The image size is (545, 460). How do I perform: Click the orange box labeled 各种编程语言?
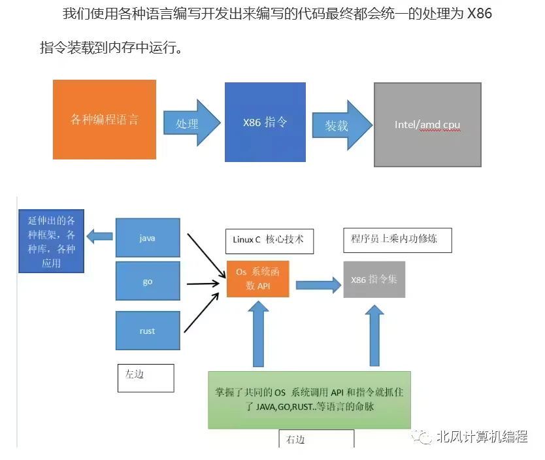[105, 120]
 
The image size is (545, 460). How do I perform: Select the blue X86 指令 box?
[265, 122]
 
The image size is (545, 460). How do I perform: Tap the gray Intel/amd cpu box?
[427, 124]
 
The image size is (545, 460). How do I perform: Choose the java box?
[147, 238]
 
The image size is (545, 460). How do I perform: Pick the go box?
[147, 282]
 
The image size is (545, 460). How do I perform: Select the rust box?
[147, 331]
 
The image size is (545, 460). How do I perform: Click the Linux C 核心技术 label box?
[269, 240]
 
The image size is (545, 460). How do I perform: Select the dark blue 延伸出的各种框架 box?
[51, 240]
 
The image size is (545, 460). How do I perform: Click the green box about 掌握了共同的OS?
[309, 399]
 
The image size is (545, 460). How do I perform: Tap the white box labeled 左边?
[146, 378]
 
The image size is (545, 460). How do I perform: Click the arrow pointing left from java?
[99, 237]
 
